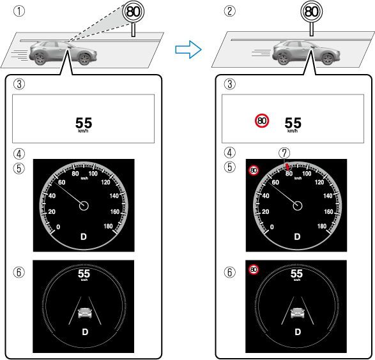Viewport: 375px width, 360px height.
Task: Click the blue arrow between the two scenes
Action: pos(188,49)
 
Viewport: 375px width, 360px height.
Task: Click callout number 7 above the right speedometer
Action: pos(284,153)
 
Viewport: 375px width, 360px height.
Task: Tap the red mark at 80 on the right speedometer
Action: pos(287,167)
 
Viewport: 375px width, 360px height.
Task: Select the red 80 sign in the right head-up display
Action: pos(262,121)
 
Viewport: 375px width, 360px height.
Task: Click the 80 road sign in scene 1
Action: pos(134,11)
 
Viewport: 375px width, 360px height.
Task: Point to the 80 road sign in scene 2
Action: pos(311,11)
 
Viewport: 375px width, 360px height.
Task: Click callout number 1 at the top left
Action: pos(19,11)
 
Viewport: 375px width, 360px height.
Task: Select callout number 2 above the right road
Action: pos(230,11)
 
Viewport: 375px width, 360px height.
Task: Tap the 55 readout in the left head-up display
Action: pos(84,123)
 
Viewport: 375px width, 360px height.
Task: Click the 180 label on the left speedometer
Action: pos(108,226)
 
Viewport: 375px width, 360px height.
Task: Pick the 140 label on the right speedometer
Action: pos(328,196)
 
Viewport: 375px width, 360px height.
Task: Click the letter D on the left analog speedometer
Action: pos(84,237)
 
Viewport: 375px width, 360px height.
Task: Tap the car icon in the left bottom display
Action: pos(85,313)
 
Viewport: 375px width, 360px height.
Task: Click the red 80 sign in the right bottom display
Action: pos(254,270)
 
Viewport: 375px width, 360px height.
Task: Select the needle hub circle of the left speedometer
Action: pos(84,206)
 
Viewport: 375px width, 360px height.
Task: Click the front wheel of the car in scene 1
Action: pos(84,59)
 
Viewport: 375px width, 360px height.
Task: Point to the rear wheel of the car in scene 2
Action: pos(284,59)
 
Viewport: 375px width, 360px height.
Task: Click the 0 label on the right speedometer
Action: pos(272,227)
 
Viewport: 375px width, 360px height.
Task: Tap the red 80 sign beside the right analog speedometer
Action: pos(254,170)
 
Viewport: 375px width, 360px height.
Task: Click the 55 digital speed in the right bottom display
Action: pos(296,274)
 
